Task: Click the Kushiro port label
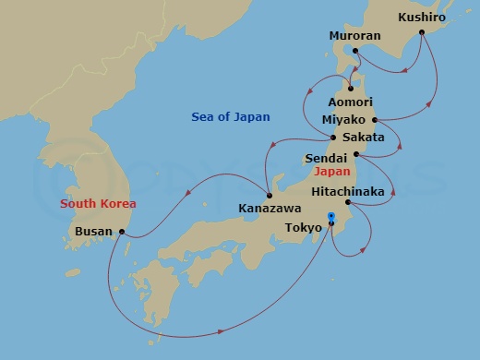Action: point(423,17)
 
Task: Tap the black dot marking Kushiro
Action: point(421,32)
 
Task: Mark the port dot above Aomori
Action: point(350,89)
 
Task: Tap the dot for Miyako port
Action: point(375,120)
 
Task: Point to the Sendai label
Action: point(326,159)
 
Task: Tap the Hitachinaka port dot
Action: point(348,202)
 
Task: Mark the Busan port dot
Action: point(123,232)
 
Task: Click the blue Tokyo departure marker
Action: point(330,219)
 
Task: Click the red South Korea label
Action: point(98,203)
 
